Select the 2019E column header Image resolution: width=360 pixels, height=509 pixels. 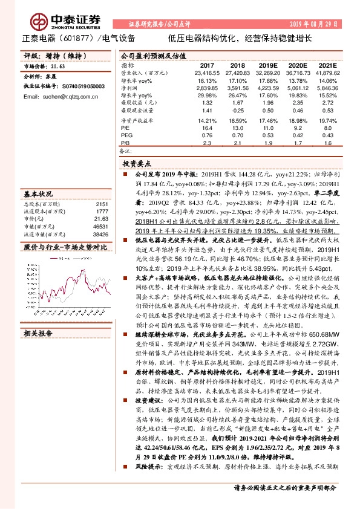tap(268, 65)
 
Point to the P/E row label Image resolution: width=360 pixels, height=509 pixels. tap(126, 128)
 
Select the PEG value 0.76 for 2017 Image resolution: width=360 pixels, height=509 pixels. tap(207, 135)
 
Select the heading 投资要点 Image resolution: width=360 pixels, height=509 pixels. tap(136, 164)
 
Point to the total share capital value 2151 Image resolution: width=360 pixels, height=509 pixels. tap(102, 204)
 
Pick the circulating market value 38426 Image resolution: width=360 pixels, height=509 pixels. tap(100, 233)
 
